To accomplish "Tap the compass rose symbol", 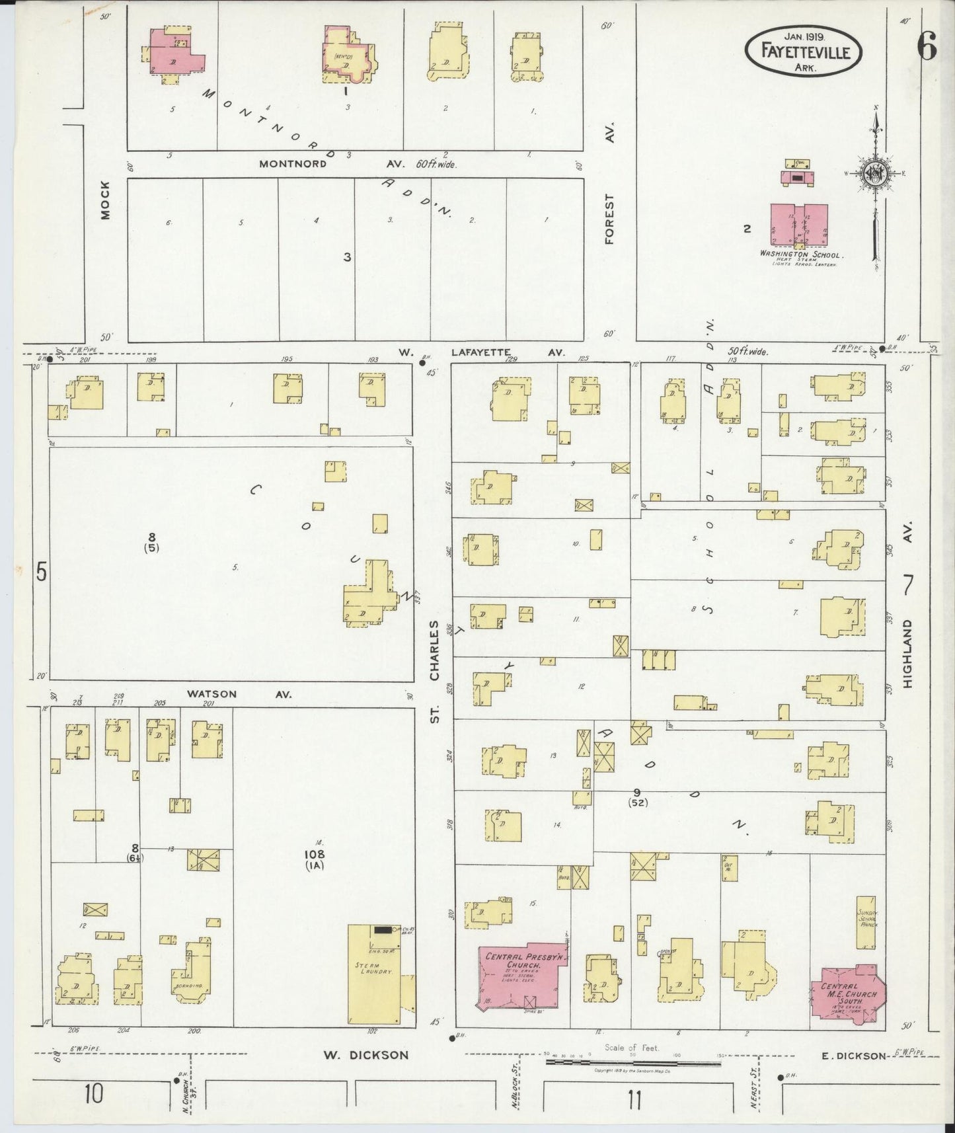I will click(876, 175).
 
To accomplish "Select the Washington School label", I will click(800, 254).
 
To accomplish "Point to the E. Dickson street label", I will click(853, 1056).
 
